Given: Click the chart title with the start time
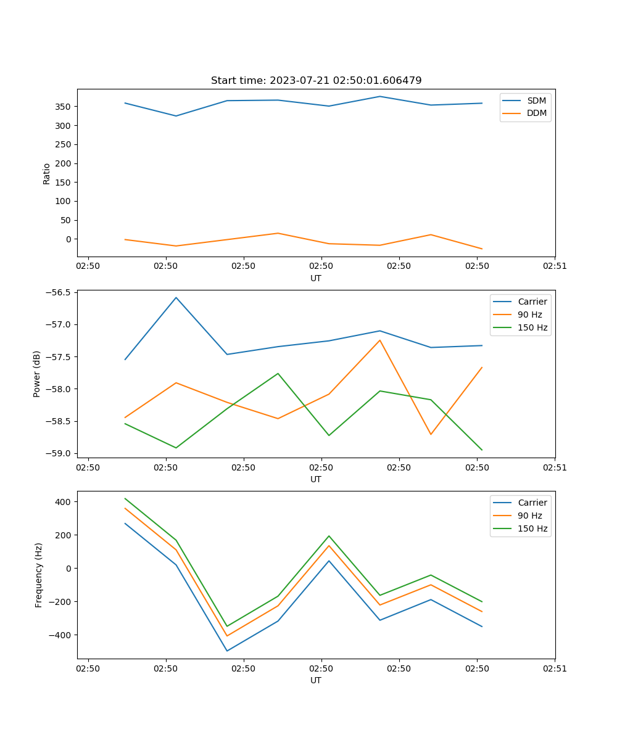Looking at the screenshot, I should pyautogui.click(x=316, y=81).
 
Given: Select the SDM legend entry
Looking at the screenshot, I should pyautogui.click(x=536, y=101).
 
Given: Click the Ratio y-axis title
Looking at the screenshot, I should pyautogui.click(x=47, y=173).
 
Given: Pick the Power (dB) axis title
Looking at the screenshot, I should pyautogui.click(x=37, y=374).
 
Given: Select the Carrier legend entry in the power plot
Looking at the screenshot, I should pyautogui.click(x=532, y=302).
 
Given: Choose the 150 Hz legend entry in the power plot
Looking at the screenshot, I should pyautogui.click(x=532, y=327).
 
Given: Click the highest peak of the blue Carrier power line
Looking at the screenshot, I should pyautogui.click(x=176, y=297).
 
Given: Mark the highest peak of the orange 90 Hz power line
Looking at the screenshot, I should pyautogui.click(x=379, y=340).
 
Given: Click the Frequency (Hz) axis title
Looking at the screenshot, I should pyautogui.click(x=38, y=575).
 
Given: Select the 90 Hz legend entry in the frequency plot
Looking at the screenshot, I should pyautogui.click(x=530, y=516).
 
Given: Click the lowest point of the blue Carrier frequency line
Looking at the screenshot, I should pyautogui.click(x=227, y=651).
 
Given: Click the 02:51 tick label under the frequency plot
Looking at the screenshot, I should pyautogui.click(x=555, y=668).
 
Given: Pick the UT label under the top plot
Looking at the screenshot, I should pyautogui.click(x=316, y=278).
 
